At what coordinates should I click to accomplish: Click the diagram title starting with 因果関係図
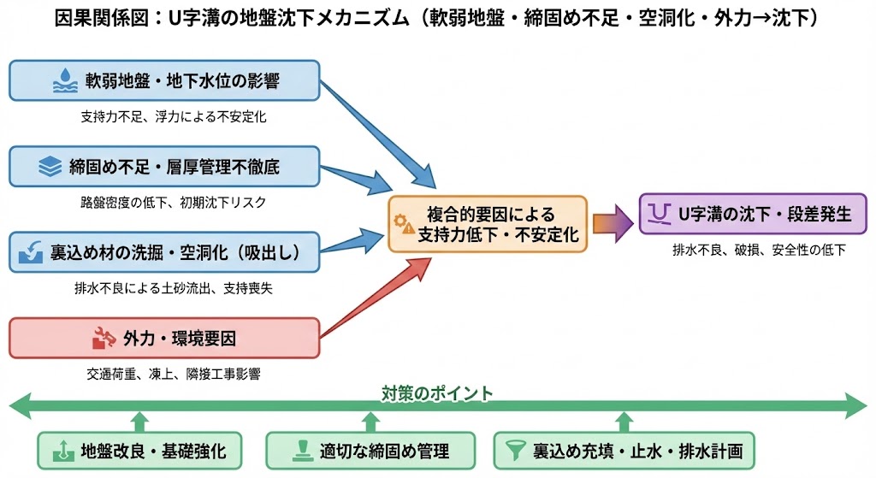pyautogui.click(x=436, y=18)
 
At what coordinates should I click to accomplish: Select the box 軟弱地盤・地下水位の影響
pyautogui.click(x=164, y=81)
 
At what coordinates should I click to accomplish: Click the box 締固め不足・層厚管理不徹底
pyautogui.click(x=164, y=167)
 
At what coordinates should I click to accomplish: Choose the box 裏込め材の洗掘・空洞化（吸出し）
pyautogui.click(x=164, y=252)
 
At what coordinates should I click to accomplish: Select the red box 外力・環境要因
pyautogui.click(x=164, y=338)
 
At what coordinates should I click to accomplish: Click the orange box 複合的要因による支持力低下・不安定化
pyautogui.click(x=488, y=224)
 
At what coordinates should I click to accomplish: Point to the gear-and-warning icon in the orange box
pyautogui.click(x=403, y=224)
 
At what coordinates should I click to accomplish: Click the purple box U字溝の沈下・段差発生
pyautogui.click(x=746, y=214)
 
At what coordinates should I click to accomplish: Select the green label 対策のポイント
pyautogui.click(x=437, y=393)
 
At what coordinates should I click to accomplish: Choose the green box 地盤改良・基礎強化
pyautogui.click(x=139, y=450)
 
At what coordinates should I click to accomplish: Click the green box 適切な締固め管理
pyautogui.click(x=370, y=450)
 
